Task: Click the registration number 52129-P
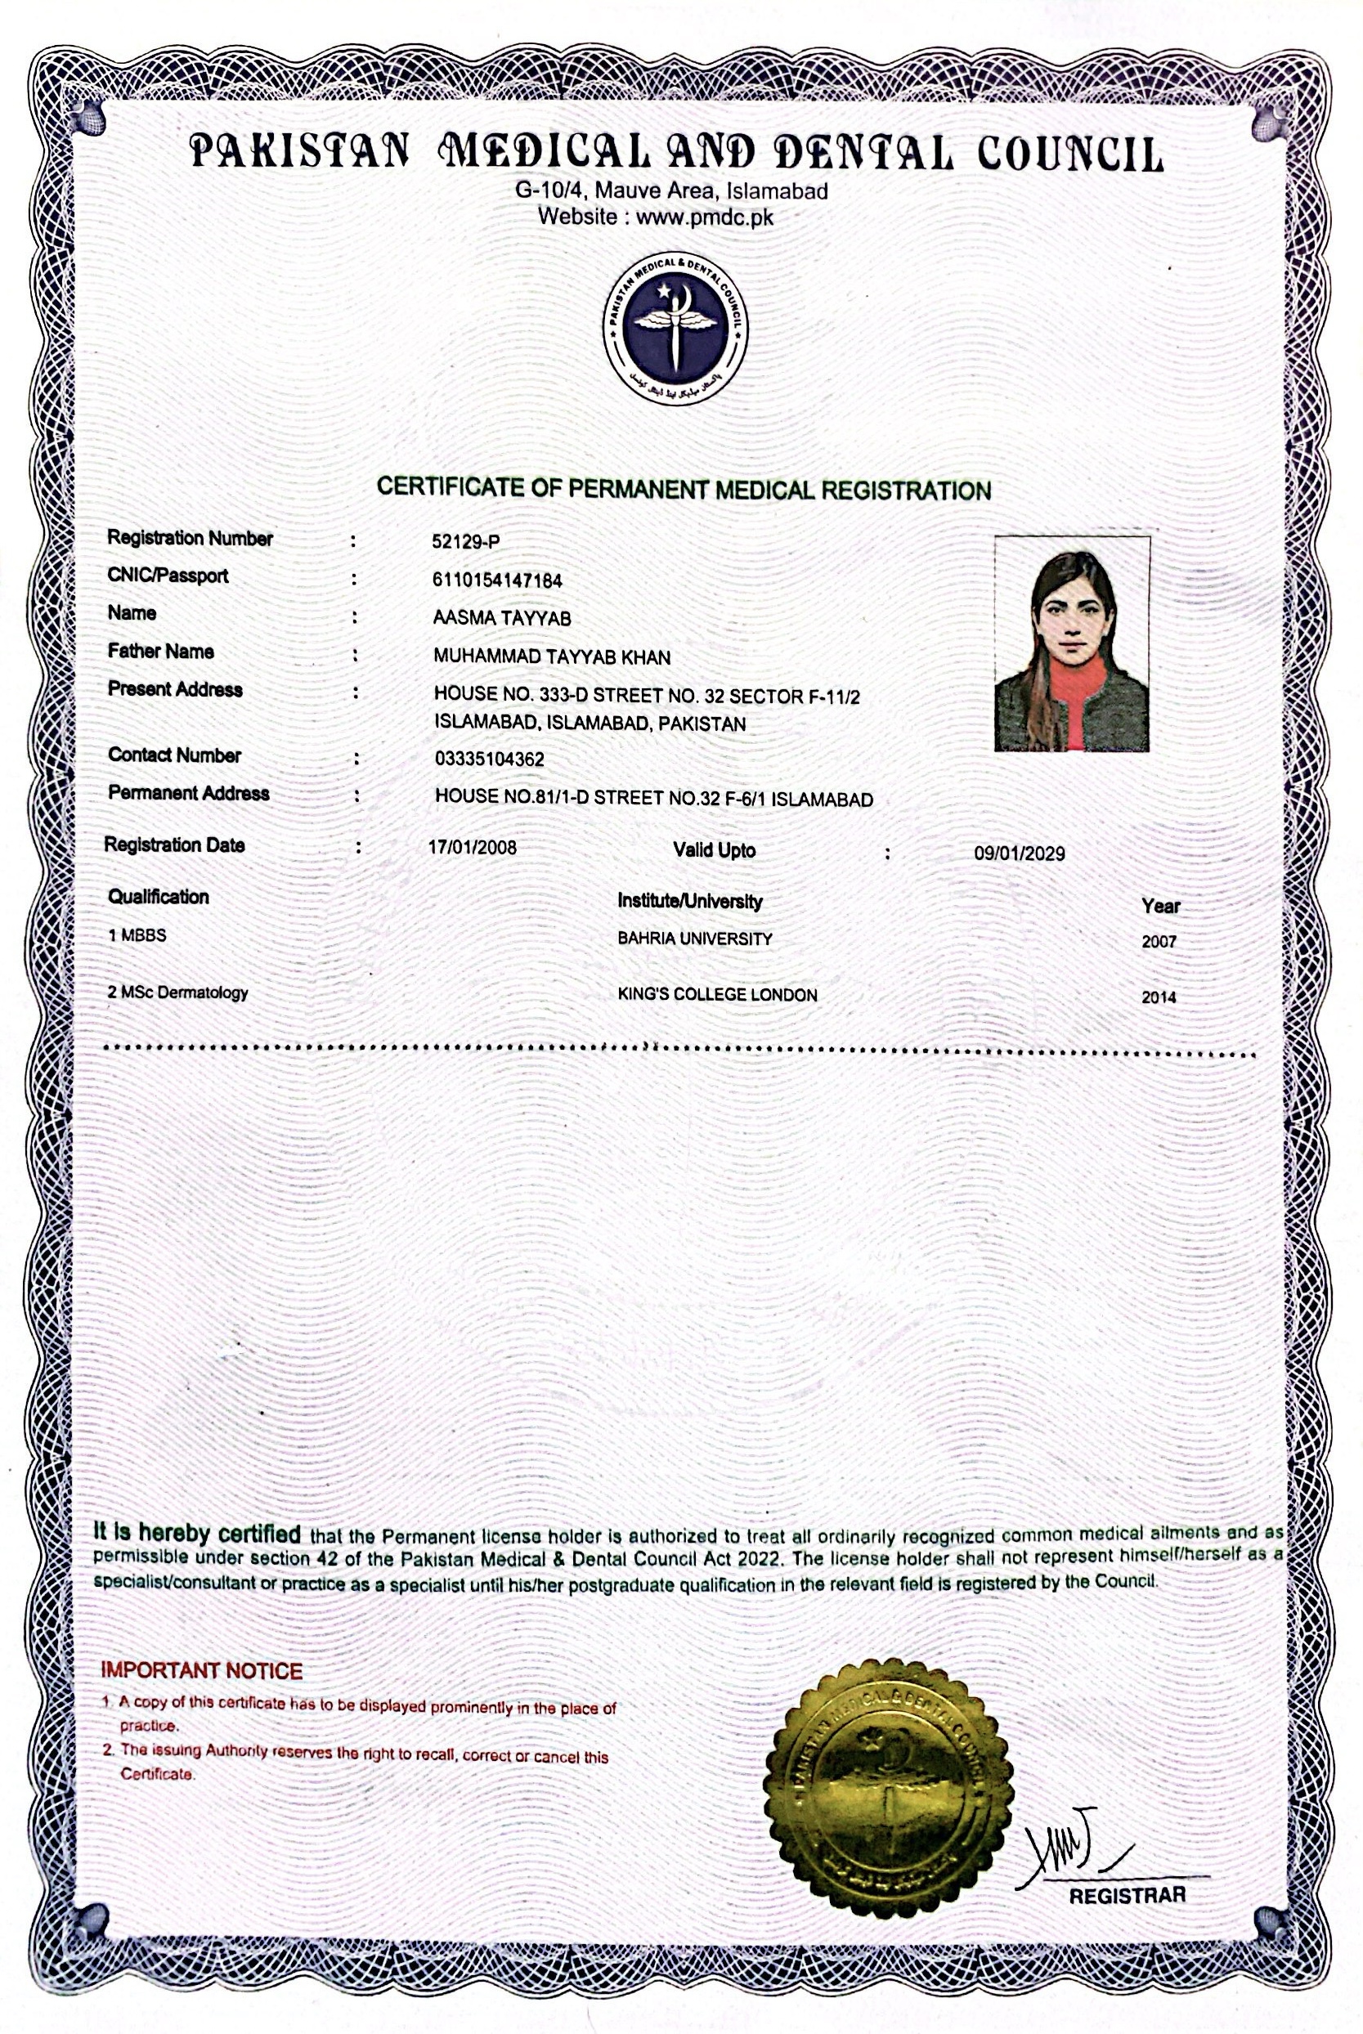click(466, 542)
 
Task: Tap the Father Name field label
click(161, 651)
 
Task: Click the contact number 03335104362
click(490, 759)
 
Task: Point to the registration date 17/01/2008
click(472, 848)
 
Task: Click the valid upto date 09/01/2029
click(1019, 853)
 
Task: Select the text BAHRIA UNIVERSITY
click(694, 939)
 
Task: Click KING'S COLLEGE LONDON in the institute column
click(717, 994)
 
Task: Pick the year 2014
click(1159, 997)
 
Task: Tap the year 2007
click(1159, 941)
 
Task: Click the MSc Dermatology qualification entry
click(178, 992)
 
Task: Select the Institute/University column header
click(689, 901)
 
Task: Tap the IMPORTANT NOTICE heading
click(202, 1671)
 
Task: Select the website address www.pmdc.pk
click(704, 217)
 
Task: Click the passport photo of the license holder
click(1072, 643)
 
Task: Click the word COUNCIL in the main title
click(1070, 155)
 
